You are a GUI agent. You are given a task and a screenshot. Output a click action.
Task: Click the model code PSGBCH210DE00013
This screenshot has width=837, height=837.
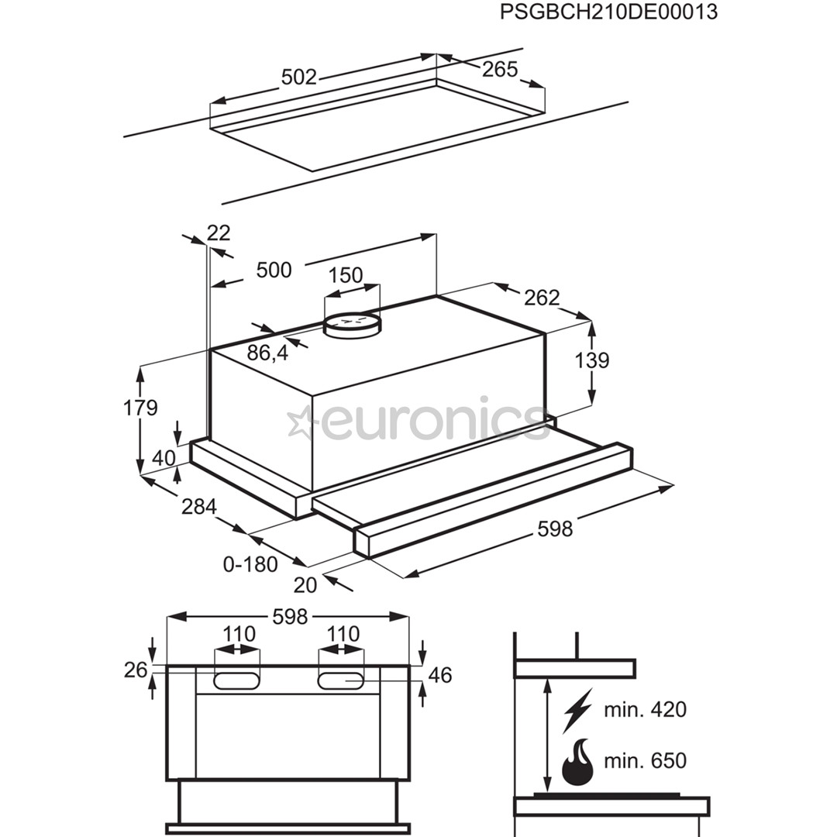[x=608, y=13]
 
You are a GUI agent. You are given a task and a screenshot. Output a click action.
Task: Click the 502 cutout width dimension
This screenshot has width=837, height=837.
[x=299, y=77]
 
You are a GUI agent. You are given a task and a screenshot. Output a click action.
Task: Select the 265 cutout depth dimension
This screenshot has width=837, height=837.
[x=500, y=69]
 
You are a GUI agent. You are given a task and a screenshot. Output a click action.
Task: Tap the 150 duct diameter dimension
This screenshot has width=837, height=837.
[x=346, y=275]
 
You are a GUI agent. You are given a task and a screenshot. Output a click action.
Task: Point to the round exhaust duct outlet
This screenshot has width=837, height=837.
[x=353, y=323]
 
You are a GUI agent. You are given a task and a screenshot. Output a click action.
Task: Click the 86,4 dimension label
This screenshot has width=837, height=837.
[x=268, y=353]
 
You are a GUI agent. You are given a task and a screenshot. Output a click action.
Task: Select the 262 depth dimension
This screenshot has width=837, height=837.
[x=542, y=297]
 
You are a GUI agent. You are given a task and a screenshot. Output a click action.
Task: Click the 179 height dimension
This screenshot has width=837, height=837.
[x=140, y=408]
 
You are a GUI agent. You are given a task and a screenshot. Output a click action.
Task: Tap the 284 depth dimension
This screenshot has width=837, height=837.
[x=198, y=507]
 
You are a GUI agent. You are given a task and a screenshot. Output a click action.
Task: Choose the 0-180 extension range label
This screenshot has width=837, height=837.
[x=250, y=564]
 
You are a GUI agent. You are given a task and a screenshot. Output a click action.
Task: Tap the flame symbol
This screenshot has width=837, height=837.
[x=577, y=762]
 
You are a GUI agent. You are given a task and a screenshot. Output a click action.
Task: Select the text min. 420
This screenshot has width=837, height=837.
[x=646, y=709]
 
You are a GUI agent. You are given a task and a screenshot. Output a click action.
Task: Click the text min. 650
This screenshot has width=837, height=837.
[x=646, y=760]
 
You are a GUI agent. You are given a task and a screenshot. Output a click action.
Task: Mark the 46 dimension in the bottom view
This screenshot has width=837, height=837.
[x=440, y=675]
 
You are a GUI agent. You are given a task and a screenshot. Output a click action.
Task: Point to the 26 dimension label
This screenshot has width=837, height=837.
[x=136, y=670]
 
